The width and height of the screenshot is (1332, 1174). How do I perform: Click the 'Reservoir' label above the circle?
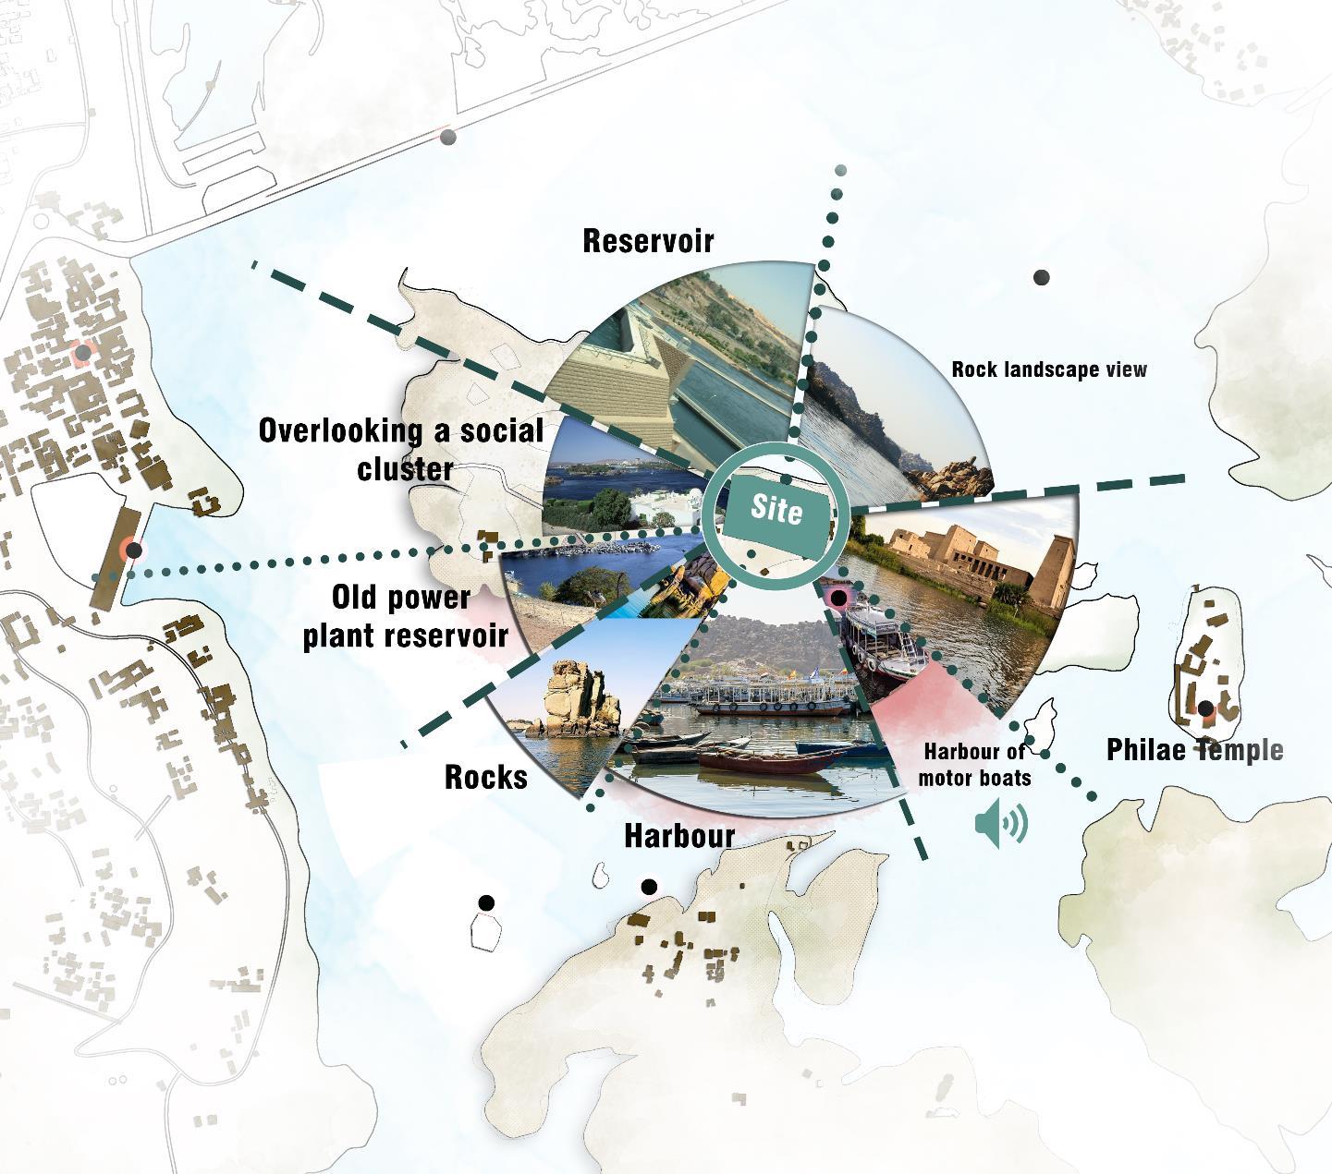click(x=648, y=241)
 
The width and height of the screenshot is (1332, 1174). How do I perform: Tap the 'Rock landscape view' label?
click(x=1049, y=369)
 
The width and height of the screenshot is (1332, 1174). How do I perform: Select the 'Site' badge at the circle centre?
click(x=776, y=509)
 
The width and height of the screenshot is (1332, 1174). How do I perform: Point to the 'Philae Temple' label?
click(x=1194, y=750)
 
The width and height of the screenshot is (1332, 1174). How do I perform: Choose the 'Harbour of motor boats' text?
click(x=974, y=765)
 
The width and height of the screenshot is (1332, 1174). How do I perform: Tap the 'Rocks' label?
click(x=486, y=777)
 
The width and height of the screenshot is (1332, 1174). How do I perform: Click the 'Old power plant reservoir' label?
click(x=406, y=616)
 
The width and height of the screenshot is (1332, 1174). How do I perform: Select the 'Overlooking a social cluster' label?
click(x=401, y=449)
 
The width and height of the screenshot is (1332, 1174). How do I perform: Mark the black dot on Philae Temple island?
click(x=1205, y=709)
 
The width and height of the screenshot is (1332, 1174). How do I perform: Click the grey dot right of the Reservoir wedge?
click(x=1041, y=277)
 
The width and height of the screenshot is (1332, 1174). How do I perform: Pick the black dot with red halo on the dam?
click(x=134, y=551)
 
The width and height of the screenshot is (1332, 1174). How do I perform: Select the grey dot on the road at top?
click(x=448, y=138)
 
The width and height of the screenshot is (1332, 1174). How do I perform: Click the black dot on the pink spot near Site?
click(x=838, y=599)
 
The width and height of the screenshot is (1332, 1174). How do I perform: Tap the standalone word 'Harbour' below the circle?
click(x=679, y=836)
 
